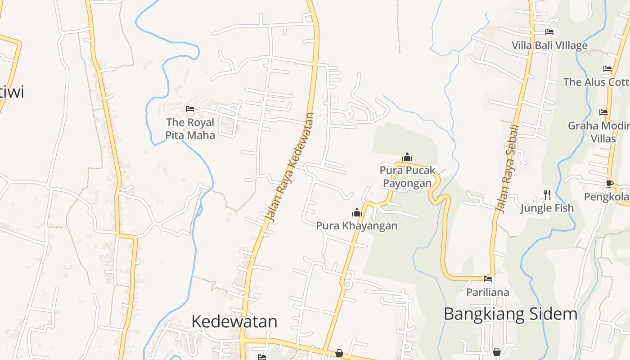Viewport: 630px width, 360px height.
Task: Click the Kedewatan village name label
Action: coord(234,321)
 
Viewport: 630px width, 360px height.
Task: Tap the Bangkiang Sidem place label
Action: coord(510,314)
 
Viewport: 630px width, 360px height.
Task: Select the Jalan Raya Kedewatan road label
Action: coord(290,167)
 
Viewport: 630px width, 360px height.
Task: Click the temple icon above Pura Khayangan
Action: coord(357,212)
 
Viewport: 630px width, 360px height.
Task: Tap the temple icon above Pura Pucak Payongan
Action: coord(407,157)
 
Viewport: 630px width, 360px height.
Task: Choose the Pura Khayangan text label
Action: coord(357,225)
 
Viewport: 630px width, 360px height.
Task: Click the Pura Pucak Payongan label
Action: coord(407,176)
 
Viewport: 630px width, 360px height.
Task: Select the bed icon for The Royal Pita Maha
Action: coord(190,109)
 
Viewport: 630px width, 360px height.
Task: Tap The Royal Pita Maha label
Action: coord(190,128)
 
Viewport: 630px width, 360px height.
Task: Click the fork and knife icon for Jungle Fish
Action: coord(547,194)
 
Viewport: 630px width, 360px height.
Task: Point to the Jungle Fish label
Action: coord(547,208)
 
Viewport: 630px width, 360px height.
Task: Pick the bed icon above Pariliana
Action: coord(488,279)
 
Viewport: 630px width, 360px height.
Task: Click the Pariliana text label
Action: coord(488,292)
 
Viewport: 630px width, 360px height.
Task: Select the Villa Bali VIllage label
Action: coord(549,45)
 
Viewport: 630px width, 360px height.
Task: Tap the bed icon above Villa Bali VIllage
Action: coord(549,32)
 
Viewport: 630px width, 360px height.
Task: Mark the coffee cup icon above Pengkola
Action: coord(610,184)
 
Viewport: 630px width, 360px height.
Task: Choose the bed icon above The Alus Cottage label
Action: coord(607,69)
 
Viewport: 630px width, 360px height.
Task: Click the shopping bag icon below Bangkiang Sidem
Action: coord(497,351)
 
